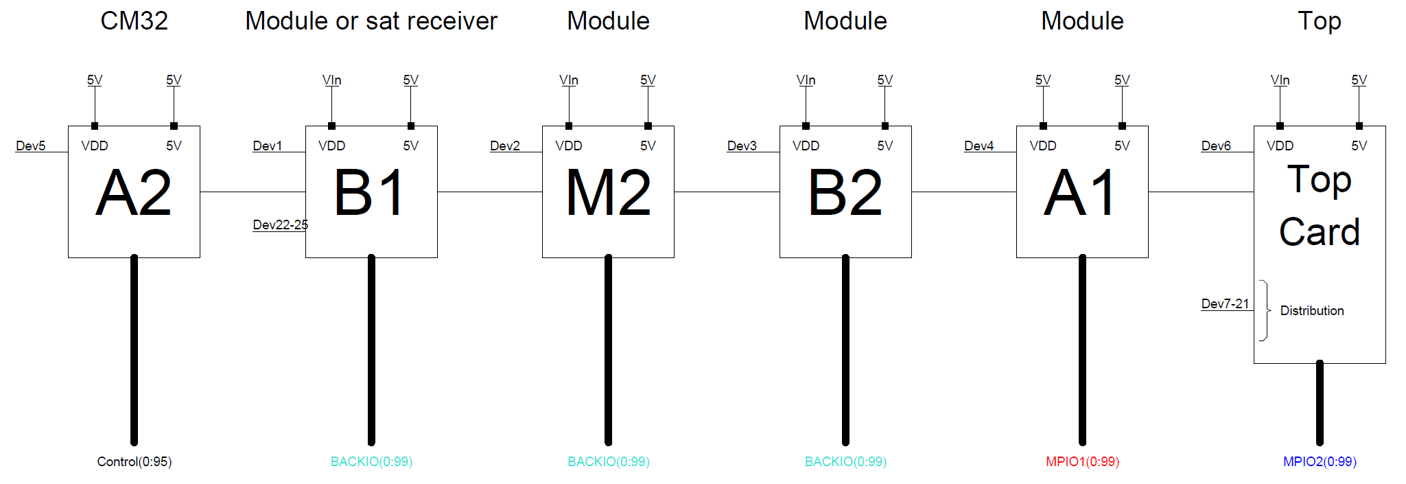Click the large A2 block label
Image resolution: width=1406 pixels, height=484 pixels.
coord(134,194)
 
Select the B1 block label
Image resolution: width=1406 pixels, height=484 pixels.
coord(371,194)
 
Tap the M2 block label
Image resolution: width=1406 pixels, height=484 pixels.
coord(608,194)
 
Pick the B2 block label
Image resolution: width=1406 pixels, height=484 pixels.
coord(845,194)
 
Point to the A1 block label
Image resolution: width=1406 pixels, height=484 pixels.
coord(1082,194)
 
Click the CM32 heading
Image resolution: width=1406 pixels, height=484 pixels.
coord(134,21)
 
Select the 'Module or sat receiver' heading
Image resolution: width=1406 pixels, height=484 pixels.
coord(371,21)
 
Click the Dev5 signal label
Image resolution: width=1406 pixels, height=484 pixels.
coord(31,146)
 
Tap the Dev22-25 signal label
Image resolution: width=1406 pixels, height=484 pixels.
coord(280,224)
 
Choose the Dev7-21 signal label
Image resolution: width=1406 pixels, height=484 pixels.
coord(1225,303)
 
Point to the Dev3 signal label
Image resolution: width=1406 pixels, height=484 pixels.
coord(742,146)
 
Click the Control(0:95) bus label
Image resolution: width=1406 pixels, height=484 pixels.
coord(134,461)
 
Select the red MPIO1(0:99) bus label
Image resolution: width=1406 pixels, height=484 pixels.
coord(1082,461)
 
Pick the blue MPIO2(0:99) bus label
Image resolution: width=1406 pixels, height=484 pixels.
coord(1320,461)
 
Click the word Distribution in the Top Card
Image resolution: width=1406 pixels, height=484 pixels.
coord(1311,310)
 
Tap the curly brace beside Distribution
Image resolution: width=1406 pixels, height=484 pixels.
coord(1264,310)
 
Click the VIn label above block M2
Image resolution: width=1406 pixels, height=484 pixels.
coord(569,80)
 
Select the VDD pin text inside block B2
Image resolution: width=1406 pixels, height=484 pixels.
coord(806,146)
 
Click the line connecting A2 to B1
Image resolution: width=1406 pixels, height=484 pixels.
coord(253,192)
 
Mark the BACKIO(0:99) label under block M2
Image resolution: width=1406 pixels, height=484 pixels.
coord(608,461)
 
